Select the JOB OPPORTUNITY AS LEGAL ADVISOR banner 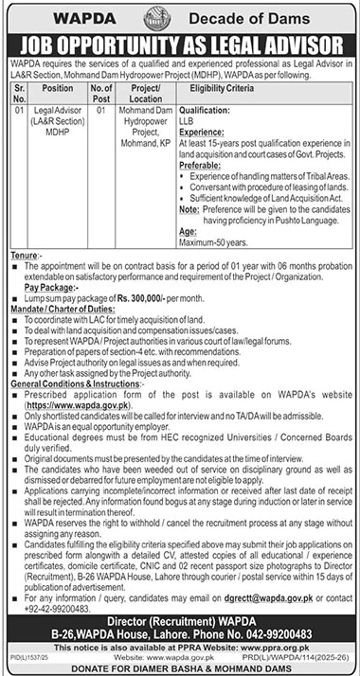pos(179,45)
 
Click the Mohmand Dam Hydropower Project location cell pos(148,121)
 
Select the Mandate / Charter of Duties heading pos(60,309)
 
